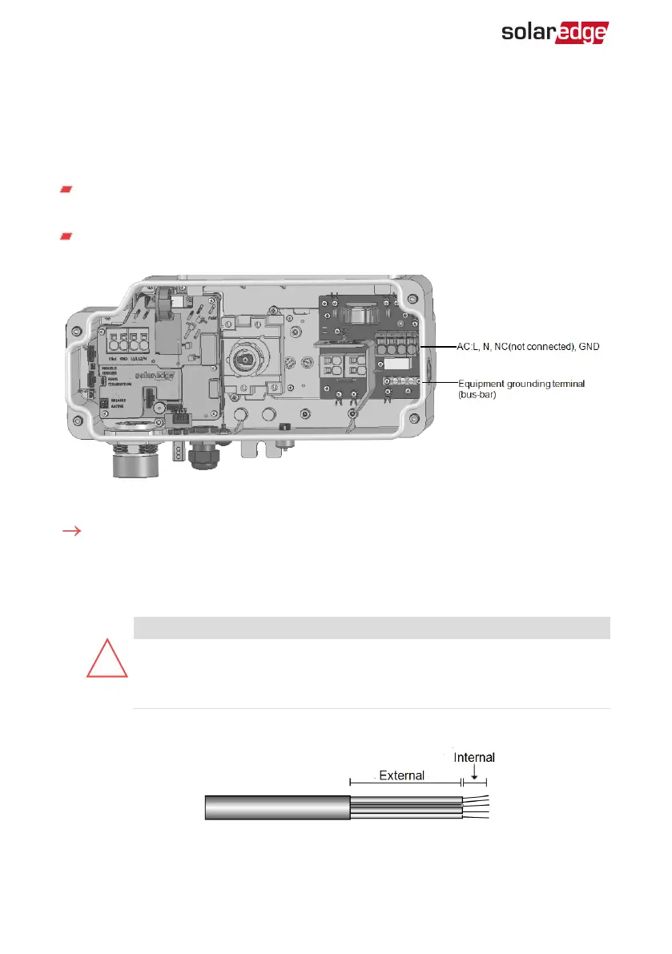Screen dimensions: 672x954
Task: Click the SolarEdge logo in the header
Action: pyautogui.click(x=554, y=32)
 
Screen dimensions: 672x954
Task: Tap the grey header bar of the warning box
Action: pyautogui.click(x=371, y=627)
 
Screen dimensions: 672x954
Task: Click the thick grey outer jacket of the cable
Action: pyautogui.click(x=277, y=807)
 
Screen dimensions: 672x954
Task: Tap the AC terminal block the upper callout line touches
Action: pyautogui.click(x=397, y=347)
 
